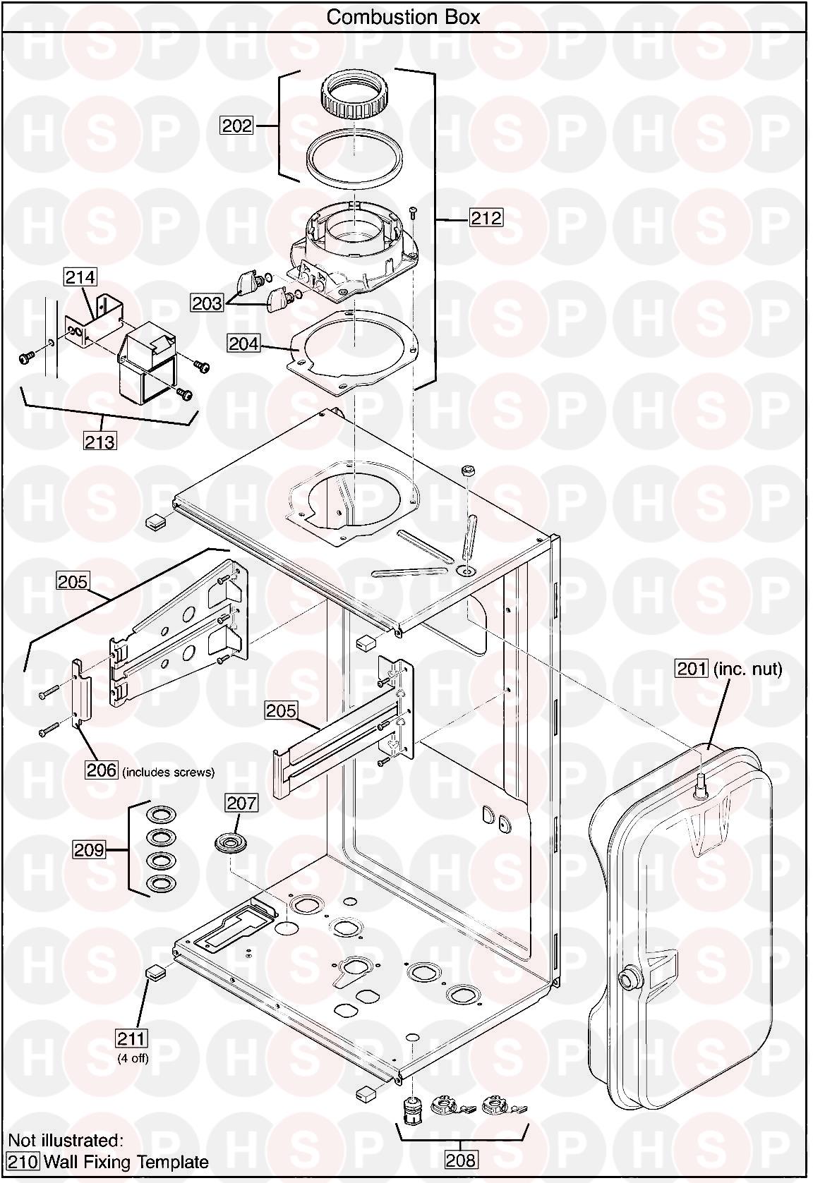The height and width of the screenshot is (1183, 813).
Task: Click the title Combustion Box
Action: tap(403, 17)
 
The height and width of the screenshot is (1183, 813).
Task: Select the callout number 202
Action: tap(237, 126)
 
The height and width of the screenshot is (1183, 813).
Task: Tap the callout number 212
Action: tap(486, 217)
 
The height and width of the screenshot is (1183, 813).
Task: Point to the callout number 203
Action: tap(207, 303)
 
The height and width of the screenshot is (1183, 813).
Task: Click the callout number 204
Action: tap(244, 344)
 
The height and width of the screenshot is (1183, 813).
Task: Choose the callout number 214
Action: tap(80, 277)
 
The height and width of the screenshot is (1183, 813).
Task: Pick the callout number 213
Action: tap(100, 441)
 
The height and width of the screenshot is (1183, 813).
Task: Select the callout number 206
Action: tap(102, 770)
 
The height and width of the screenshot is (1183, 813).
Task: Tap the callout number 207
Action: tap(241, 803)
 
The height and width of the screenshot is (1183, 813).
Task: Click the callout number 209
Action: tap(90, 850)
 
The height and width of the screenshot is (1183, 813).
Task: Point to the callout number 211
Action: tap(131, 1039)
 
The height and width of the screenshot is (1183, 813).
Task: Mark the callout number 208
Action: tap(461, 1160)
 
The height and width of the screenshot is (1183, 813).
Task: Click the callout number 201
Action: tap(692, 669)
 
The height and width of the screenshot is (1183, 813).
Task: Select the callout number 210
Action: tap(23, 1162)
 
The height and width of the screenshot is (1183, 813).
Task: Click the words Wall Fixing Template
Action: tap(127, 1162)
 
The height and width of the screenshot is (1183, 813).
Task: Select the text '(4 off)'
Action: tap(133, 1058)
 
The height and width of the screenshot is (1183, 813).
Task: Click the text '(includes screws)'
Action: tap(169, 772)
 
